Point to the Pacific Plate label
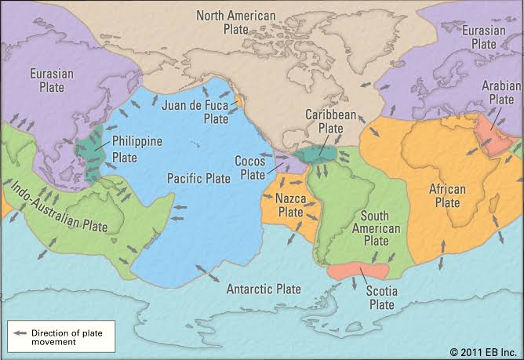(x=199, y=178)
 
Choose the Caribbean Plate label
(x=326, y=122)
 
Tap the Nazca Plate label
(x=290, y=205)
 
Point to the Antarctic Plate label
(x=264, y=289)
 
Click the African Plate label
(x=448, y=195)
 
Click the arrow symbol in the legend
(x=16, y=333)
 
